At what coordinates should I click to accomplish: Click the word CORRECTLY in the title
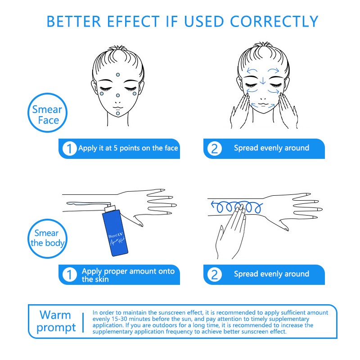point(274,21)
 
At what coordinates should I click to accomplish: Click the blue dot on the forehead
point(118,75)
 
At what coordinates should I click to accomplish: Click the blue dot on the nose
point(118,95)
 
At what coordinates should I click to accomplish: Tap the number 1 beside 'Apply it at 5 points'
point(69,148)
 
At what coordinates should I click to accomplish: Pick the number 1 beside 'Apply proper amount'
point(69,274)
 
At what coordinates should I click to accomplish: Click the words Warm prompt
point(56,321)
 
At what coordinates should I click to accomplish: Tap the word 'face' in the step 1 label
point(170,148)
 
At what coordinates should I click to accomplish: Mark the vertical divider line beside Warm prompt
point(84,322)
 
